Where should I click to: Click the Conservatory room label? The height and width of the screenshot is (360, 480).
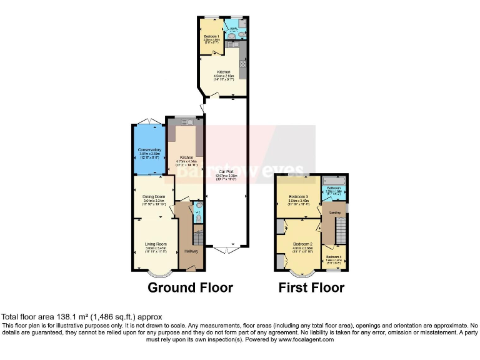point(149,149)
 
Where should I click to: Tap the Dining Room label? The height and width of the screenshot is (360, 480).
point(154,197)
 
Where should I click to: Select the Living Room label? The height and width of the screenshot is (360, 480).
point(156,244)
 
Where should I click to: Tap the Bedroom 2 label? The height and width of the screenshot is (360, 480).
point(302,244)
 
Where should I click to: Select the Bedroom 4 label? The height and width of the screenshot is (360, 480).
point(333,256)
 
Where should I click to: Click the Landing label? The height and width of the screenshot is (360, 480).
point(335,212)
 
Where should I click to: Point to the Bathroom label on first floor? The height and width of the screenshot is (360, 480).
point(333,187)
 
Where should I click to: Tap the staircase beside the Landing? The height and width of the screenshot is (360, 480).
point(341,232)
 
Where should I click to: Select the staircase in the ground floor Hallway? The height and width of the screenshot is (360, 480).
point(197,236)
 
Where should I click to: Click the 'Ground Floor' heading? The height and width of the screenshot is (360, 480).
point(190,288)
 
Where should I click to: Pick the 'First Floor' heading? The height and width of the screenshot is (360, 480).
point(311,288)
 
